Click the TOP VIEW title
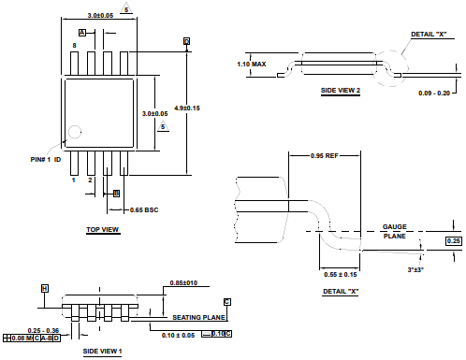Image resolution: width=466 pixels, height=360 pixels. (103, 230)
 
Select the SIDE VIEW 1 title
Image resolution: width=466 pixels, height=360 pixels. (102, 352)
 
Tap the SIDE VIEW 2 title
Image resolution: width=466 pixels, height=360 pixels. (341, 91)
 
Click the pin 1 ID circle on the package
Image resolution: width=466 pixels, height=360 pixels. (75, 132)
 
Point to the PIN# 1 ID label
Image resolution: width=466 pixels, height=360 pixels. (46, 160)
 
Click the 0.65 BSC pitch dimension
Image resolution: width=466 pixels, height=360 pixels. (144, 210)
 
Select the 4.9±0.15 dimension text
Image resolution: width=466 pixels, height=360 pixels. (187, 108)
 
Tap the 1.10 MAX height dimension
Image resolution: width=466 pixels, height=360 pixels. (252, 65)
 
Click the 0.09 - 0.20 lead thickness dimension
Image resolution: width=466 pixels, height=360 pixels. (434, 93)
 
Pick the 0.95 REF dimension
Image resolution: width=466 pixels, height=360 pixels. (325, 155)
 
